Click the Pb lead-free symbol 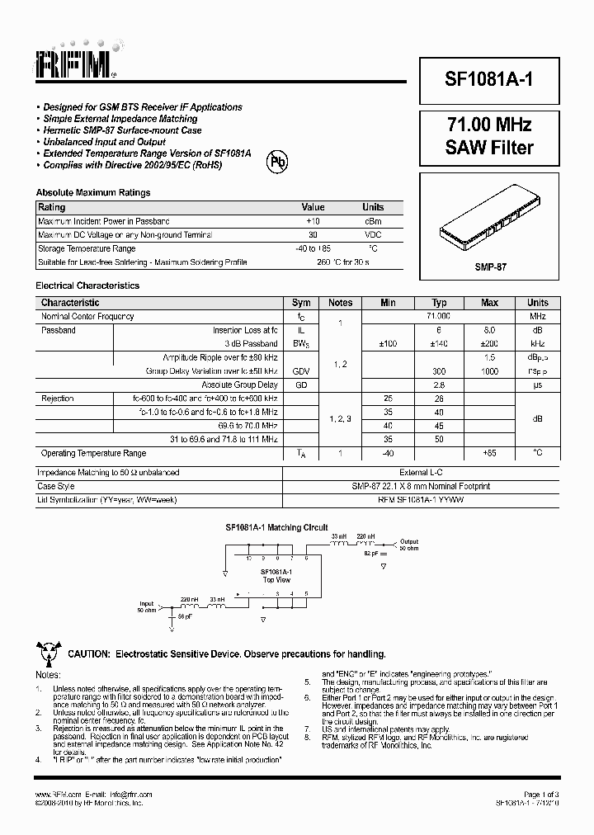pyautogui.click(x=276, y=163)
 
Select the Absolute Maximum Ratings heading pyautogui.click(x=93, y=192)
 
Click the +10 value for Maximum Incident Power pyautogui.click(x=313, y=221)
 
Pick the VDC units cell pyautogui.click(x=373, y=235)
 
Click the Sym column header pyautogui.click(x=301, y=303)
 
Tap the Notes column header pyautogui.click(x=340, y=303)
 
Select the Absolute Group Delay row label pyautogui.click(x=239, y=384)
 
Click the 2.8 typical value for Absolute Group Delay pyautogui.click(x=440, y=384)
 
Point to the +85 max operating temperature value pyautogui.click(x=489, y=453)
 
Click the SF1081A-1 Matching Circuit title pyautogui.click(x=276, y=527)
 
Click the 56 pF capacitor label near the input pyautogui.click(x=186, y=616)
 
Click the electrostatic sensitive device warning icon pyautogui.click(x=47, y=653)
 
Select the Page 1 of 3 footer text pyautogui.click(x=541, y=794)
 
